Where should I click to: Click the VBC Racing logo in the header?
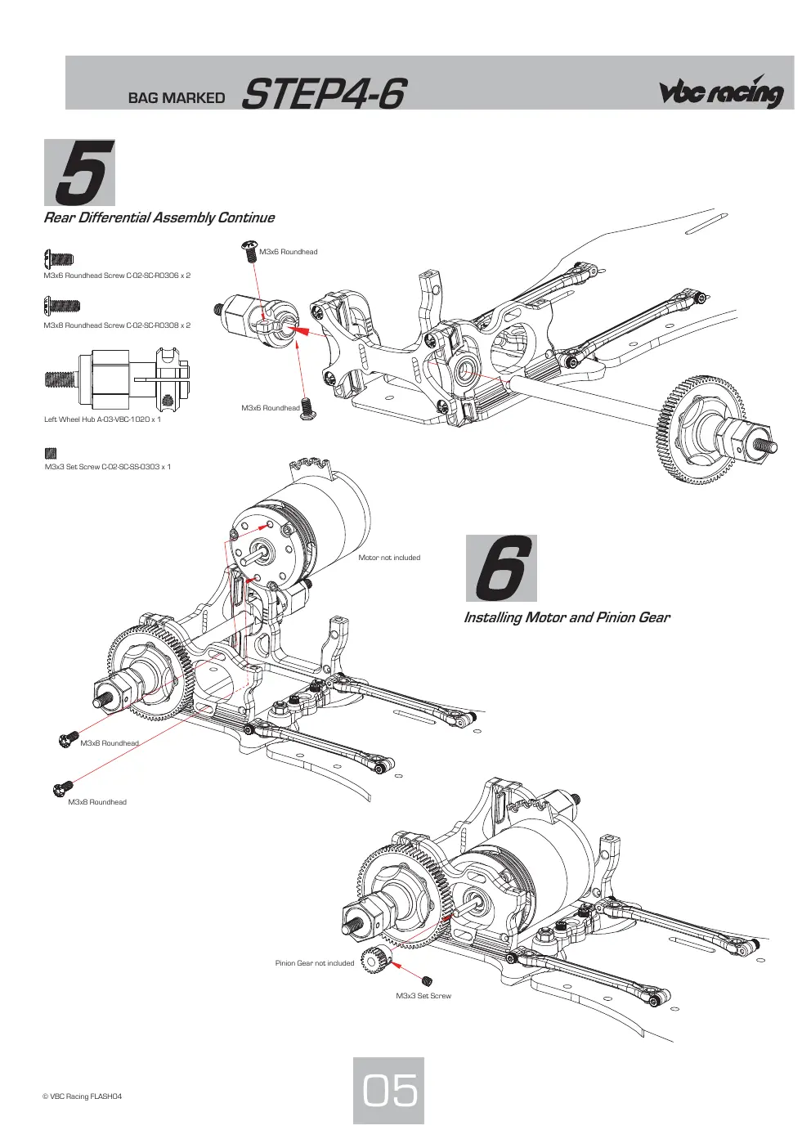721,92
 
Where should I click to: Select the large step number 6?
501,567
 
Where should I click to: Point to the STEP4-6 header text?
325,94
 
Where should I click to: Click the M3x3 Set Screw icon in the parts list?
50,453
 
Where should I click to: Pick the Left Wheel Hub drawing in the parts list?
118,379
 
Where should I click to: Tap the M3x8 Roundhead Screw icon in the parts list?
61,306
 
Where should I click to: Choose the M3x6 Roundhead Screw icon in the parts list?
59,258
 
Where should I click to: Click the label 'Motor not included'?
389,558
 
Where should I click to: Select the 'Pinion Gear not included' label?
315,963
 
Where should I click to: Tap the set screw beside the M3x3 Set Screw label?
428,981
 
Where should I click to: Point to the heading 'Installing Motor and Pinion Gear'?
567,617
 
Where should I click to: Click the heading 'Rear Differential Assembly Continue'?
159,217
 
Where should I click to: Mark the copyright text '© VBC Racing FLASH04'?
82,1096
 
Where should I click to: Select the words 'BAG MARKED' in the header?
177,98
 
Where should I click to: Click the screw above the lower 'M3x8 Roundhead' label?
63,789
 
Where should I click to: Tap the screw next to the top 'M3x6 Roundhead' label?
249,251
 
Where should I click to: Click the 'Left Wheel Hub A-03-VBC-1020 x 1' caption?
102,419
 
